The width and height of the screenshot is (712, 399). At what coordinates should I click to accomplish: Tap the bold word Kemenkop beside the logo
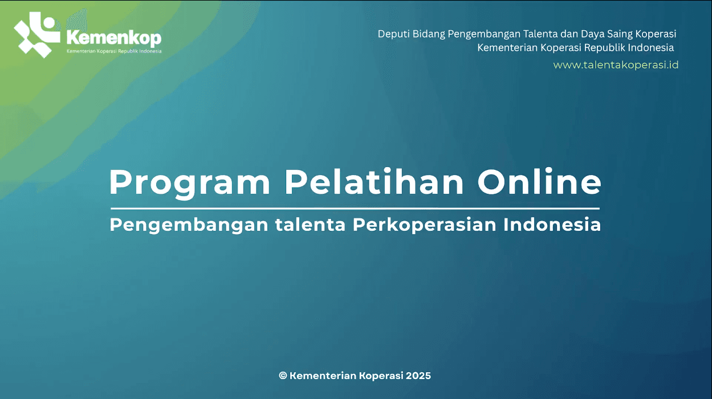[113, 38]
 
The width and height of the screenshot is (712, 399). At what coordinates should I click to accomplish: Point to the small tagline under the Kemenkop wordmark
[114, 51]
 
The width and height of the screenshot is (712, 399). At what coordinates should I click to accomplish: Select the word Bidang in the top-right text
[428, 34]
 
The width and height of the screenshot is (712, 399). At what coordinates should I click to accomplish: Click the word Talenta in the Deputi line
[539, 34]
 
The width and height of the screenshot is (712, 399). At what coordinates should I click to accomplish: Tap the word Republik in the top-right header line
[597, 48]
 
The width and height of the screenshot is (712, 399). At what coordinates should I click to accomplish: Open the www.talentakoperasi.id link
[616, 65]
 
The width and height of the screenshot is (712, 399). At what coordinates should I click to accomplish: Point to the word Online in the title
[539, 182]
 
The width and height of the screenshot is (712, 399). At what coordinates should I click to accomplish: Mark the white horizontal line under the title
[355, 209]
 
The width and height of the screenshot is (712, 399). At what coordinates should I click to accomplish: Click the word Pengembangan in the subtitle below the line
[189, 225]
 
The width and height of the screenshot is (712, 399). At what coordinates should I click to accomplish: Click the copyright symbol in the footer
[283, 376]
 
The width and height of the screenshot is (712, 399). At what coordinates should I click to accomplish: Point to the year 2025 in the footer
[419, 376]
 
